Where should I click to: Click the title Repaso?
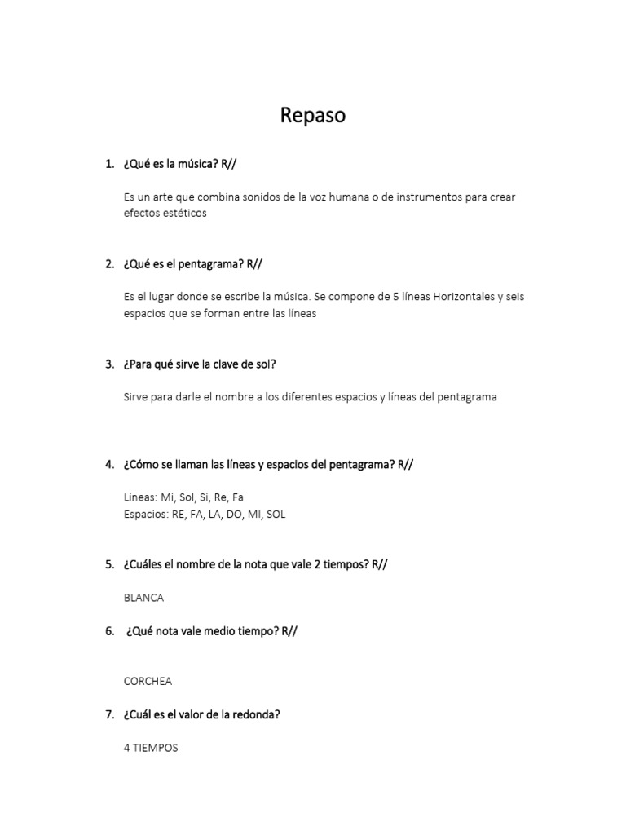(x=313, y=116)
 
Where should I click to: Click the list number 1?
(x=109, y=164)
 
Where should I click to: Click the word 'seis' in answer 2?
(x=514, y=297)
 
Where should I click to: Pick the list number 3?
(x=109, y=364)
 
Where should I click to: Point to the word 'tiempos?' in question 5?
(x=346, y=564)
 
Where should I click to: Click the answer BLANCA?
(x=143, y=598)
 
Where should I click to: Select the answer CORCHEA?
(x=148, y=681)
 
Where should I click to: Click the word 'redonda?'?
(x=257, y=714)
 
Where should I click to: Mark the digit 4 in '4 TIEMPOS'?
(x=127, y=748)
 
